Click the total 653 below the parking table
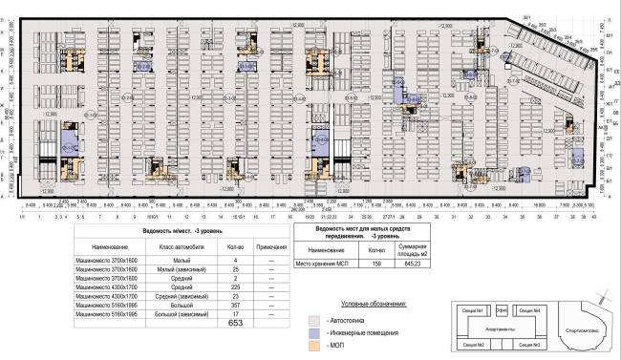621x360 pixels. pyautogui.click(x=236, y=325)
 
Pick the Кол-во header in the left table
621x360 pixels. pyautogui.click(x=236, y=246)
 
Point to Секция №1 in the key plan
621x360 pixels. pyautogui.click(x=470, y=311)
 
